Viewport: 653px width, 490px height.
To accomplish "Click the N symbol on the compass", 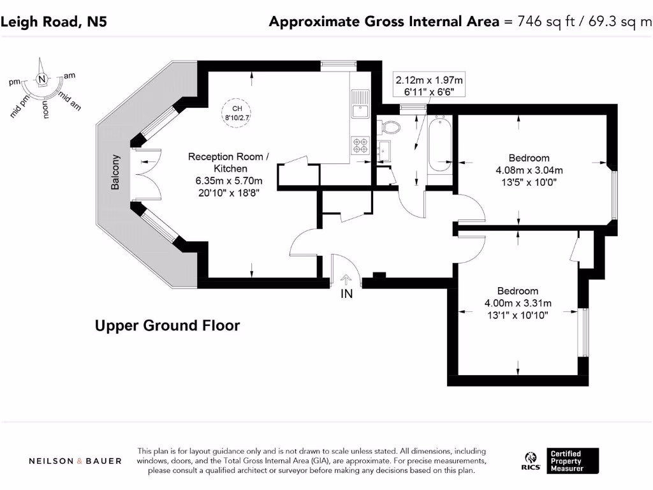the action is pos(41,78).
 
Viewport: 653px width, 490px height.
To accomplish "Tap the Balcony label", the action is pos(115,172).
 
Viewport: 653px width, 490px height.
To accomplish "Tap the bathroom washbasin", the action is pos(384,151).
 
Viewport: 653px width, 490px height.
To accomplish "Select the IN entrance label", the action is pos(346,293).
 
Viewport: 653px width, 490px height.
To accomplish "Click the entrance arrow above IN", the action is pos(346,279).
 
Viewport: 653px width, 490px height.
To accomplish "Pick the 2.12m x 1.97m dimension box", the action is pos(429,85).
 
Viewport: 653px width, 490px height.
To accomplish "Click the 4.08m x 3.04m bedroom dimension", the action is pos(529,170).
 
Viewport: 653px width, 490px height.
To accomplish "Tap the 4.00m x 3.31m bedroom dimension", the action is pos(518,303).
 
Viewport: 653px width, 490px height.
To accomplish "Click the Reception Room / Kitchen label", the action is pos(229,163).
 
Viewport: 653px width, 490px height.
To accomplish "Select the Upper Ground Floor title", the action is pos(168,325).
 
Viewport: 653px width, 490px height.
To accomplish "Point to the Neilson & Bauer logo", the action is pos(75,461).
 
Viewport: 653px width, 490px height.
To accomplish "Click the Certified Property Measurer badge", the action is pos(573,461).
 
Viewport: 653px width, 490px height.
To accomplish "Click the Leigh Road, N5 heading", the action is pos(54,22).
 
